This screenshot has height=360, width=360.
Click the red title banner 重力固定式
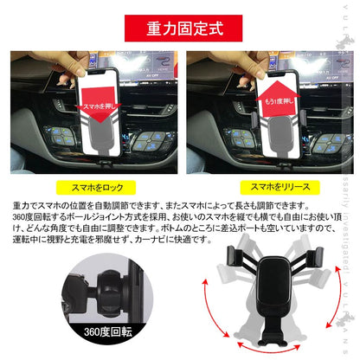(180, 27)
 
